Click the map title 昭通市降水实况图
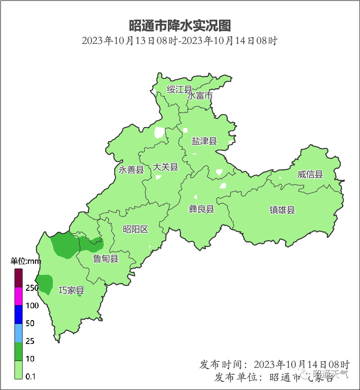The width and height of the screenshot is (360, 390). click(180, 25)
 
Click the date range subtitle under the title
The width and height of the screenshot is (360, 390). click(180, 41)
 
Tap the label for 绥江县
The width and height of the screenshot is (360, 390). click(179, 90)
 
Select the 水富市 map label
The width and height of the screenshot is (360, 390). click(200, 96)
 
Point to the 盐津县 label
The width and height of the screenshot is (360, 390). click(204, 141)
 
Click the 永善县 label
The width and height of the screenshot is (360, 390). click(131, 170)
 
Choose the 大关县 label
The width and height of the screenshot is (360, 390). click(165, 167)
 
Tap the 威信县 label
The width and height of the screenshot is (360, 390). click(310, 174)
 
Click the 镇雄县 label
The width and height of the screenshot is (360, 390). click(282, 210)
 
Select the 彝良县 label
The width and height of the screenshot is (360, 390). click(202, 209)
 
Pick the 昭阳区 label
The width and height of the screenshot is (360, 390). click(135, 230)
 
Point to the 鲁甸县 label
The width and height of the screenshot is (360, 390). click(106, 258)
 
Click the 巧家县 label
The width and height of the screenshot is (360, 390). click(71, 291)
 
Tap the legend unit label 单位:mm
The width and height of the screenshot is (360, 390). click(25, 261)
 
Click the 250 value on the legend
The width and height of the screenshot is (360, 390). click(32, 288)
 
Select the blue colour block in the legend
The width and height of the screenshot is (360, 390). click(18, 315)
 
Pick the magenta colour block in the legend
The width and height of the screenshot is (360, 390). click(18, 296)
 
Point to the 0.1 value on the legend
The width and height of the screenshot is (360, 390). click(30, 376)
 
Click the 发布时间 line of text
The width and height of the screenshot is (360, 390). click(274, 364)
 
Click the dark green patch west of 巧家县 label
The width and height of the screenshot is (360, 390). click(44, 283)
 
